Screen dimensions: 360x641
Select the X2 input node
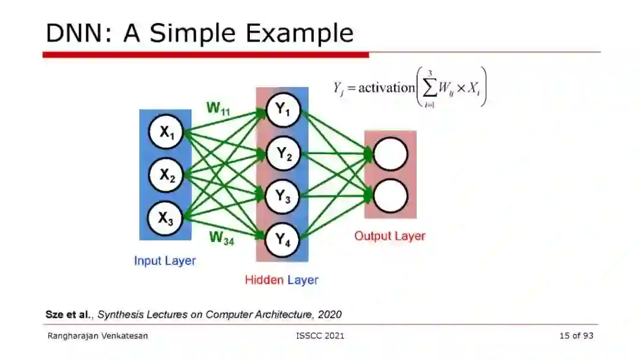166,175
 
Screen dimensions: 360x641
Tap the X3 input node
166,218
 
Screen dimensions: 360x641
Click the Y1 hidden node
283,110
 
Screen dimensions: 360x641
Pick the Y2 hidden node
283,154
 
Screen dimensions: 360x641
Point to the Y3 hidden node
283,197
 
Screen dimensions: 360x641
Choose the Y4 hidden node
283,240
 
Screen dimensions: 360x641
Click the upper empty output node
391,154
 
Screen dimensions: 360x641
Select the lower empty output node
391,196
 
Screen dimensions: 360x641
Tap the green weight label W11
218,109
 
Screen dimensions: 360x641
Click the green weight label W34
221,238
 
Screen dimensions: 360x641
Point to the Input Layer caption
164,260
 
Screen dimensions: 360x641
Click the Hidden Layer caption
281,280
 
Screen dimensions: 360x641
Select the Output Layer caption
389,236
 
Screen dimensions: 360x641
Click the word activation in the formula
386,88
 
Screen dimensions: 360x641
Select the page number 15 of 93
576,336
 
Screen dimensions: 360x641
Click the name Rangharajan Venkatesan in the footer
97,336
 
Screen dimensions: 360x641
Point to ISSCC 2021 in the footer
320,336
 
